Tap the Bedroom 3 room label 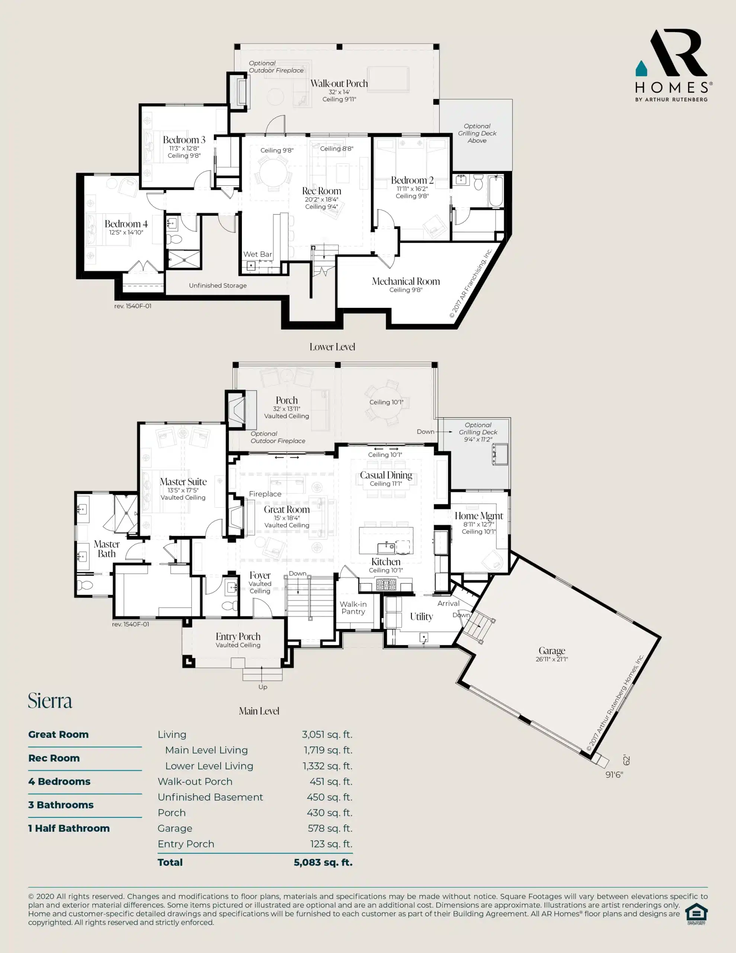click(184, 140)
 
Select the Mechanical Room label click(406, 281)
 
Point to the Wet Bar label click(257, 254)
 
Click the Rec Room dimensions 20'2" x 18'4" click(321, 200)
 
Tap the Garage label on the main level click(552, 651)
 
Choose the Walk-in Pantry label click(353, 608)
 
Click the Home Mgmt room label click(479, 516)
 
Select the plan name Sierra click(50, 701)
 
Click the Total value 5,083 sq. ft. click(323, 862)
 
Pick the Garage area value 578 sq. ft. click(330, 828)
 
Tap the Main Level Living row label click(207, 750)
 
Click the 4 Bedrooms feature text click(59, 781)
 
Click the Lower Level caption click(332, 347)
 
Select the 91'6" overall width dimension click(614, 775)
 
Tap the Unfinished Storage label click(218, 286)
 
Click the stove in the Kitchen click(386, 585)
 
